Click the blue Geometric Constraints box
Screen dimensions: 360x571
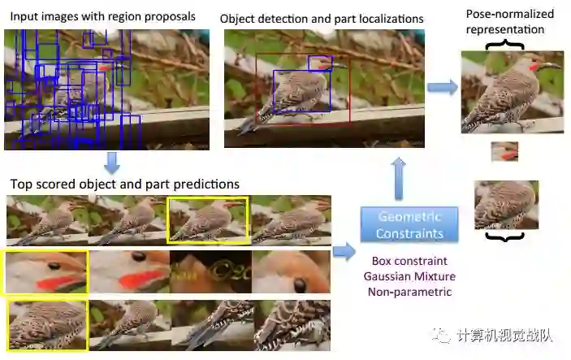(409, 225)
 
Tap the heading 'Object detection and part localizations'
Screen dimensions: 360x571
(322, 18)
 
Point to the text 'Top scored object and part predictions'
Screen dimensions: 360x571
(123, 184)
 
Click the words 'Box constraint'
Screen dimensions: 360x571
(409, 262)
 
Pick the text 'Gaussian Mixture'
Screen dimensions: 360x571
(409, 276)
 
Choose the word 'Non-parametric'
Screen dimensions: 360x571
(409, 292)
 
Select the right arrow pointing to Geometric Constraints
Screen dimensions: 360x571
(344, 251)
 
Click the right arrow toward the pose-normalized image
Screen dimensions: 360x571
(442, 87)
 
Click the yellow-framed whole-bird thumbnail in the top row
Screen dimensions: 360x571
(207, 219)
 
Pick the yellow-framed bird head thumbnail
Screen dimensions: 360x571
(45, 272)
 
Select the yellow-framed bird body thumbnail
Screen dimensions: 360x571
(47, 324)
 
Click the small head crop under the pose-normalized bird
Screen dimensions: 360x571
(504, 152)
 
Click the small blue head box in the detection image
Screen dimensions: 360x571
(320, 63)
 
